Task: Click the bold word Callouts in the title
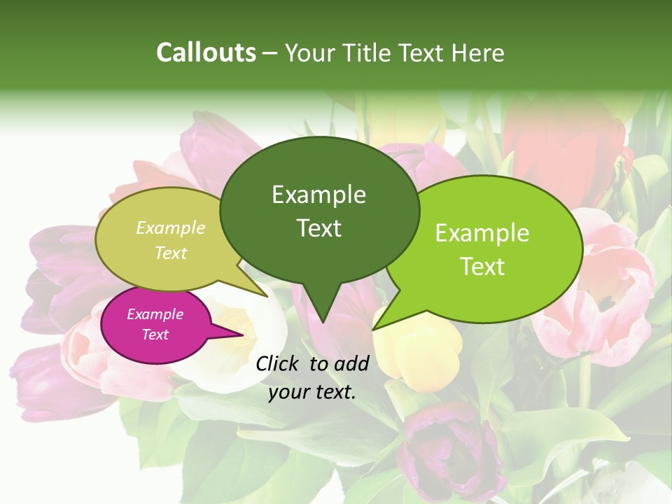click(x=206, y=52)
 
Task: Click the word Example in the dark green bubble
click(x=318, y=195)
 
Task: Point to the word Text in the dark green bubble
click(x=318, y=228)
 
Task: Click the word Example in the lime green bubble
click(x=482, y=233)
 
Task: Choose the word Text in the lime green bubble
click(x=482, y=267)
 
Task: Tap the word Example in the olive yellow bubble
click(x=171, y=228)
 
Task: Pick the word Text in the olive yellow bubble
click(x=171, y=253)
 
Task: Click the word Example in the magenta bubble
click(x=155, y=314)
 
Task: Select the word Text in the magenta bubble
click(x=155, y=335)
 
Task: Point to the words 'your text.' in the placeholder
click(x=312, y=392)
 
